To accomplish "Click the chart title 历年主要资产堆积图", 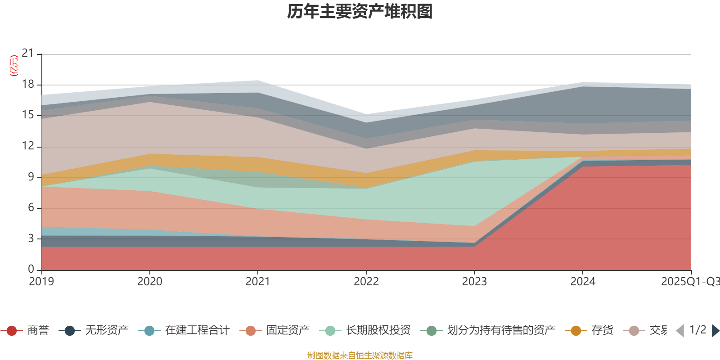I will click(x=360, y=12).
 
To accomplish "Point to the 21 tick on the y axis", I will click(x=28, y=54).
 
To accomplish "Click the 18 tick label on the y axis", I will click(x=28, y=84).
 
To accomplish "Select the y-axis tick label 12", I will click(x=28, y=146).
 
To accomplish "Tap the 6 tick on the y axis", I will click(x=31, y=207).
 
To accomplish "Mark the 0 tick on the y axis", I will click(x=31, y=269).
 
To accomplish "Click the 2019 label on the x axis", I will click(x=41, y=282).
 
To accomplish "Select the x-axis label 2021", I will click(x=257, y=282).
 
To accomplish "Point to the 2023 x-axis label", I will click(x=474, y=282).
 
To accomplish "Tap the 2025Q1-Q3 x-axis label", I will click(x=689, y=282).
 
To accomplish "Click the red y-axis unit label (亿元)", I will click(x=14, y=66).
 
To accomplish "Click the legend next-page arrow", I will click(x=715, y=331).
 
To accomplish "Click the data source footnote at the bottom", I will click(x=360, y=355).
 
